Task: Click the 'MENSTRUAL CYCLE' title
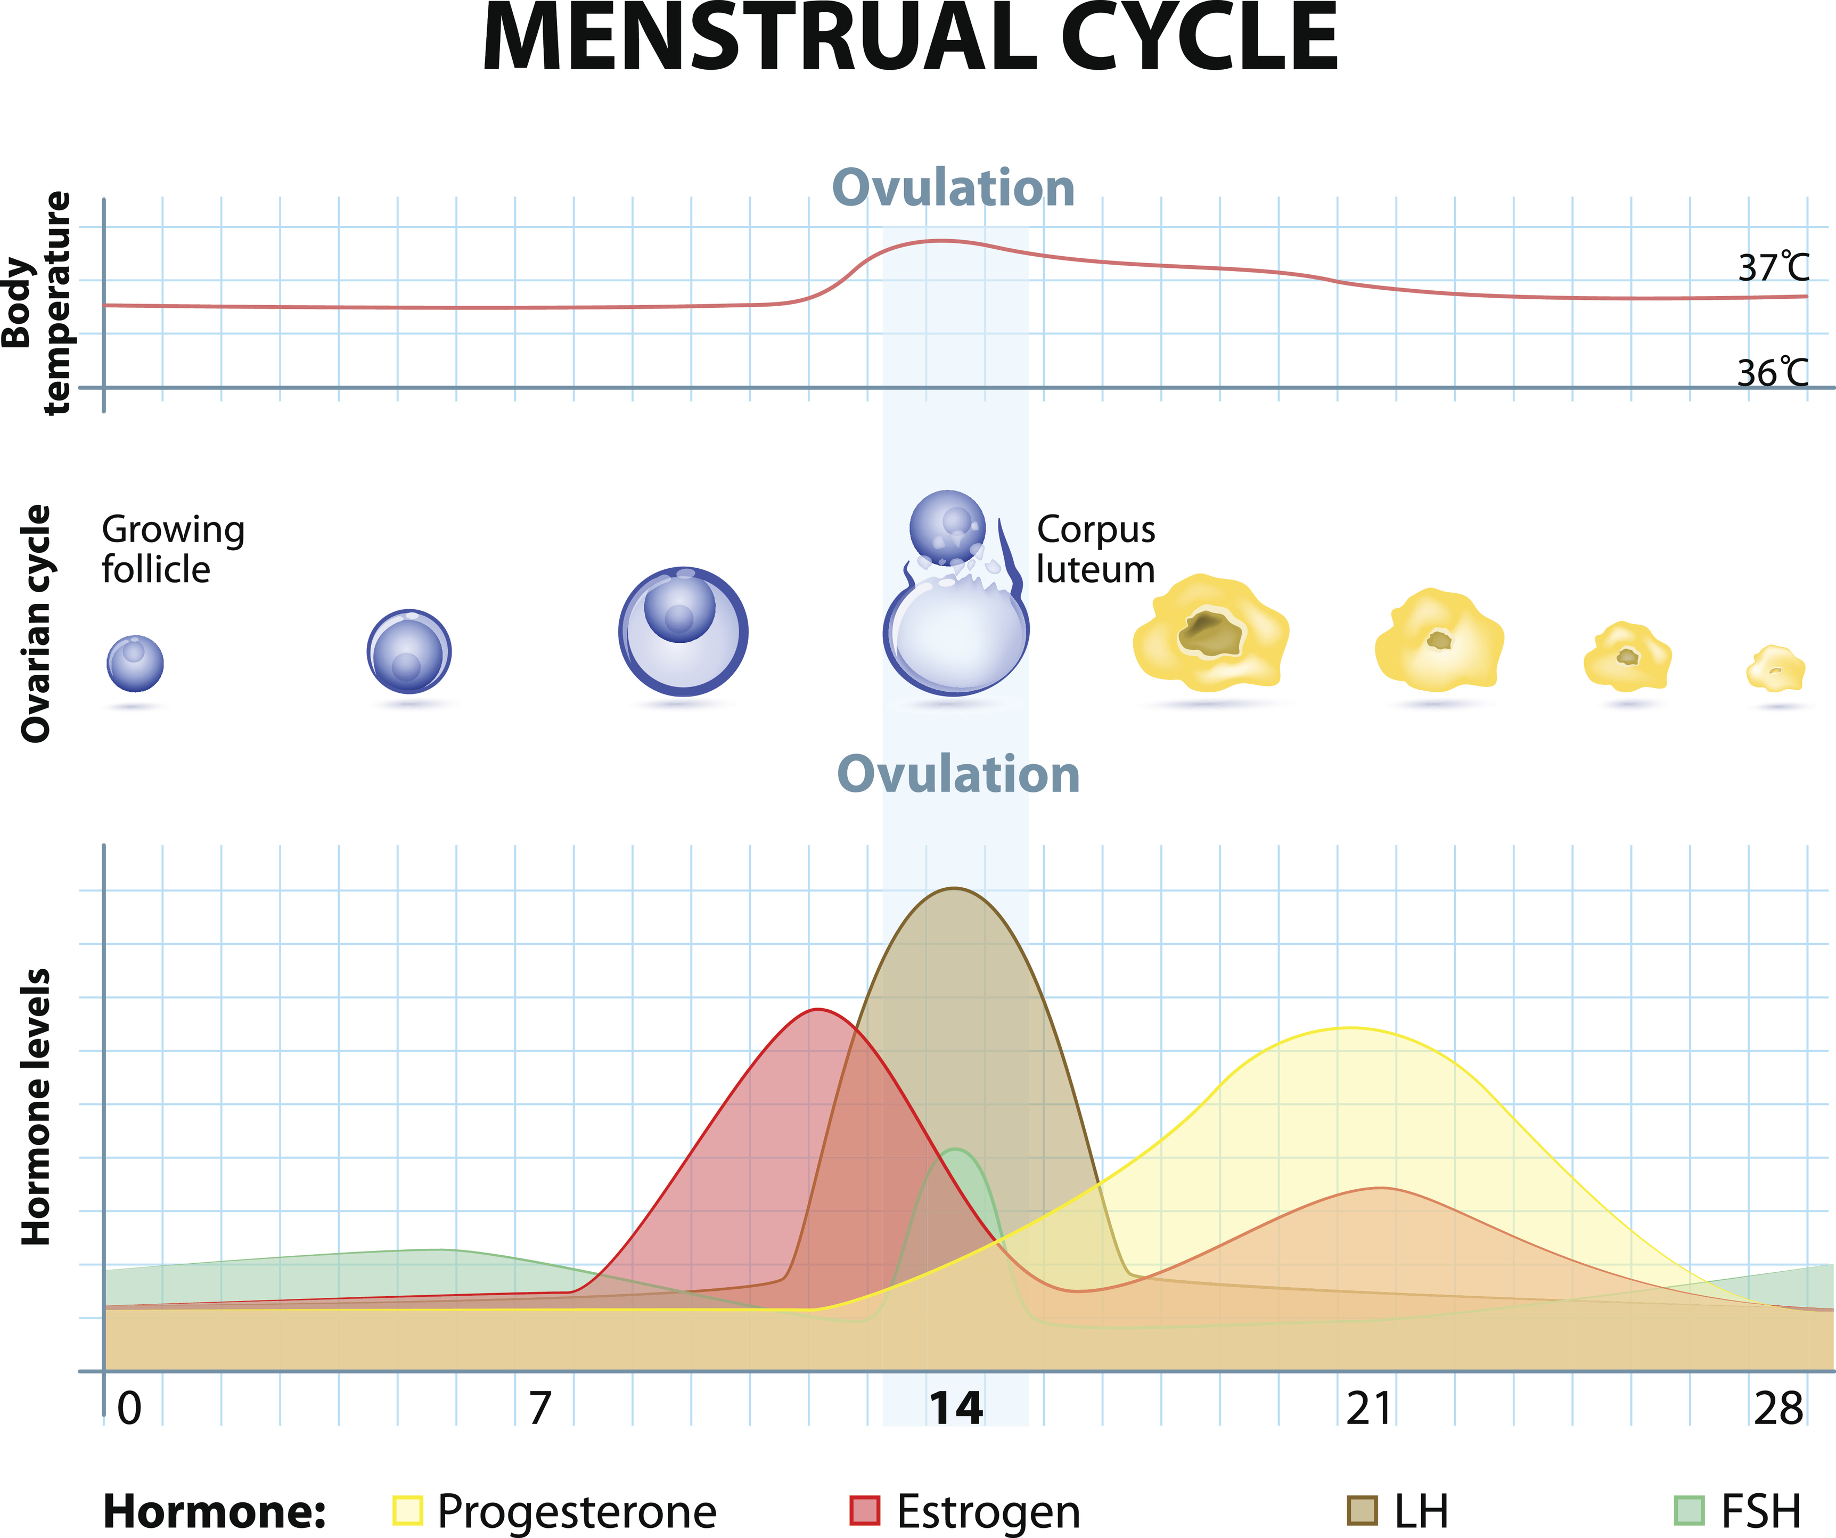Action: [909, 39]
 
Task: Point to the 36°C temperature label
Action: [1772, 373]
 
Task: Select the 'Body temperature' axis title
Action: [37, 301]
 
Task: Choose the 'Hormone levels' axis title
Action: [37, 1106]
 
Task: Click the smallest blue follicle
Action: [135, 663]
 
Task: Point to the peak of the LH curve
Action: [954, 889]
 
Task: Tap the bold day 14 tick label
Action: [956, 1409]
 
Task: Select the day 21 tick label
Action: [1368, 1409]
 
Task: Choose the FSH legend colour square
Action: [1689, 1511]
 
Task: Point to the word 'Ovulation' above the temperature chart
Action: [953, 188]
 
